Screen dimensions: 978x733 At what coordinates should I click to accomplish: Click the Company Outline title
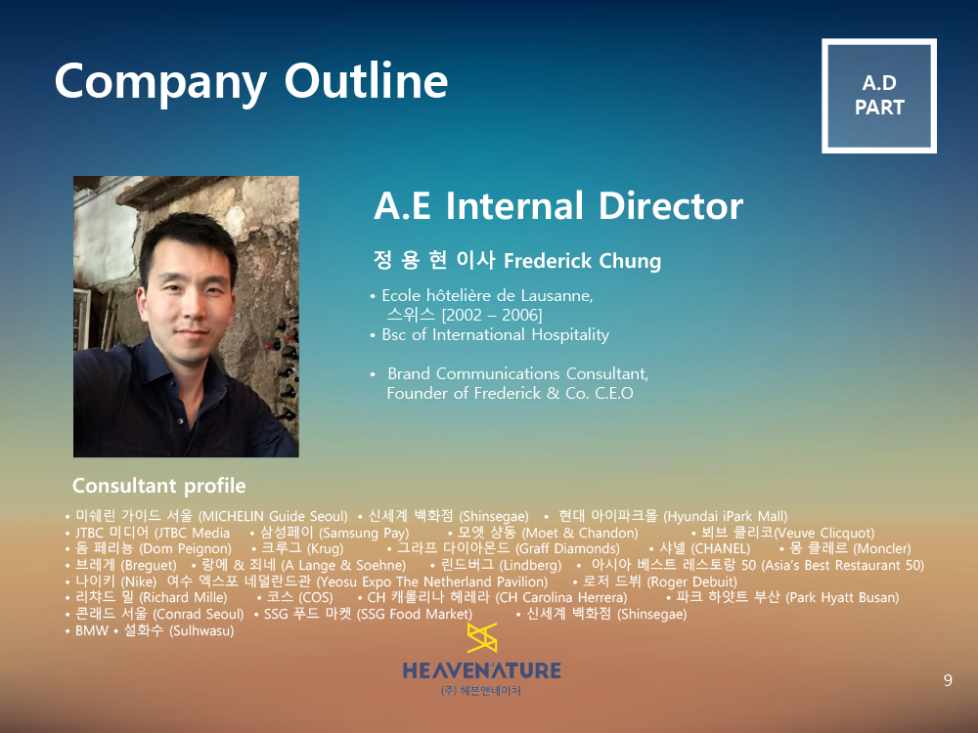click(250, 82)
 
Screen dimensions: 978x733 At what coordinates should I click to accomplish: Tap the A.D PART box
click(879, 96)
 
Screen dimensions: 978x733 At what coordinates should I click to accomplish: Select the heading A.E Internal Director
click(558, 205)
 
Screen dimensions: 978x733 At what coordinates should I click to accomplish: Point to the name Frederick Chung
click(582, 261)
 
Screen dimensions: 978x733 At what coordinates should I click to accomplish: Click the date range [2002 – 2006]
click(492, 315)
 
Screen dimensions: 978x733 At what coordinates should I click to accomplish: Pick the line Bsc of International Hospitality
click(495, 334)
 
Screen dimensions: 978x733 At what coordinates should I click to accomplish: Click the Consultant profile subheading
click(159, 486)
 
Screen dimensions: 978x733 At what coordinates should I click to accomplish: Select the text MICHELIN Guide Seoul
click(273, 516)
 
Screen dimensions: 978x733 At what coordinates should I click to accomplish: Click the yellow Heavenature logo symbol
click(481, 637)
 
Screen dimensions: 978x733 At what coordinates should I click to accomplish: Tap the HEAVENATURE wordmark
click(481, 670)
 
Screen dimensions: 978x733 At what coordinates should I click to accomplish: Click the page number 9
click(948, 680)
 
